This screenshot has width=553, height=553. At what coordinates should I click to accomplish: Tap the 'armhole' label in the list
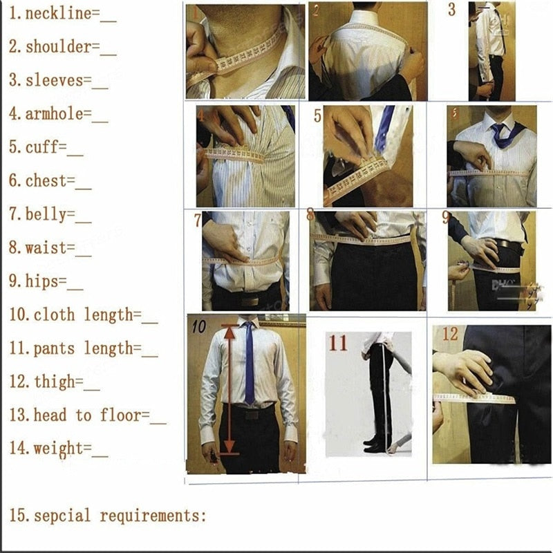click(57, 114)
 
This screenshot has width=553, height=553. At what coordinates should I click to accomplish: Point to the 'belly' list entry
click(46, 214)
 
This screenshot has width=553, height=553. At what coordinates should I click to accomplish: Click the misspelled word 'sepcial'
click(64, 516)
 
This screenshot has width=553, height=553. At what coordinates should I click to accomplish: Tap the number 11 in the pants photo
click(338, 343)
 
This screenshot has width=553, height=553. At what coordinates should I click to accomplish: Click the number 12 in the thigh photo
click(450, 335)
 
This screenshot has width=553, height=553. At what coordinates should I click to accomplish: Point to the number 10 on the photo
click(199, 326)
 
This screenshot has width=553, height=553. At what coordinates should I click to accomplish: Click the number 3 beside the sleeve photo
click(451, 10)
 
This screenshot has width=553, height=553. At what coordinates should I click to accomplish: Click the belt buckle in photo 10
click(251, 414)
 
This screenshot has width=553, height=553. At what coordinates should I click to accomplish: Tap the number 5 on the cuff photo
click(317, 116)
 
